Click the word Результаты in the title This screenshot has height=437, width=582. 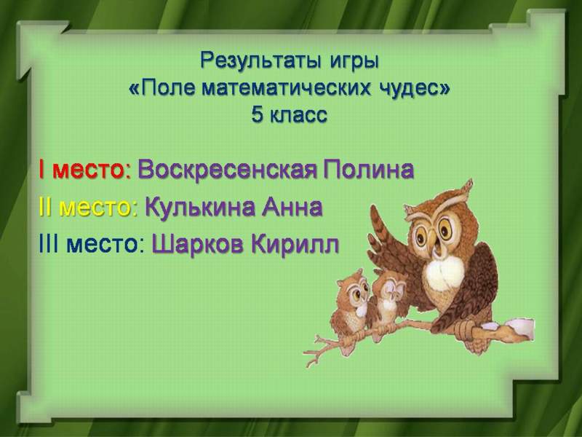(x=260, y=60)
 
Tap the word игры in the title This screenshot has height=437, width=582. (x=354, y=62)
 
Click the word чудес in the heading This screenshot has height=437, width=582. (x=409, y=89)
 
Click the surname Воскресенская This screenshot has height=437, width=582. (x=227, y=170)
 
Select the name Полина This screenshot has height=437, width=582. (x=368, y=170)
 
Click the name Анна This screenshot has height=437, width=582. (x=292, y=208)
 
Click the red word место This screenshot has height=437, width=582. (x=88, y=171)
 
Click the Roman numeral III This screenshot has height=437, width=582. (x=48, y=245)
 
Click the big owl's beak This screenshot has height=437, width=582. (x=433, y=240)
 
